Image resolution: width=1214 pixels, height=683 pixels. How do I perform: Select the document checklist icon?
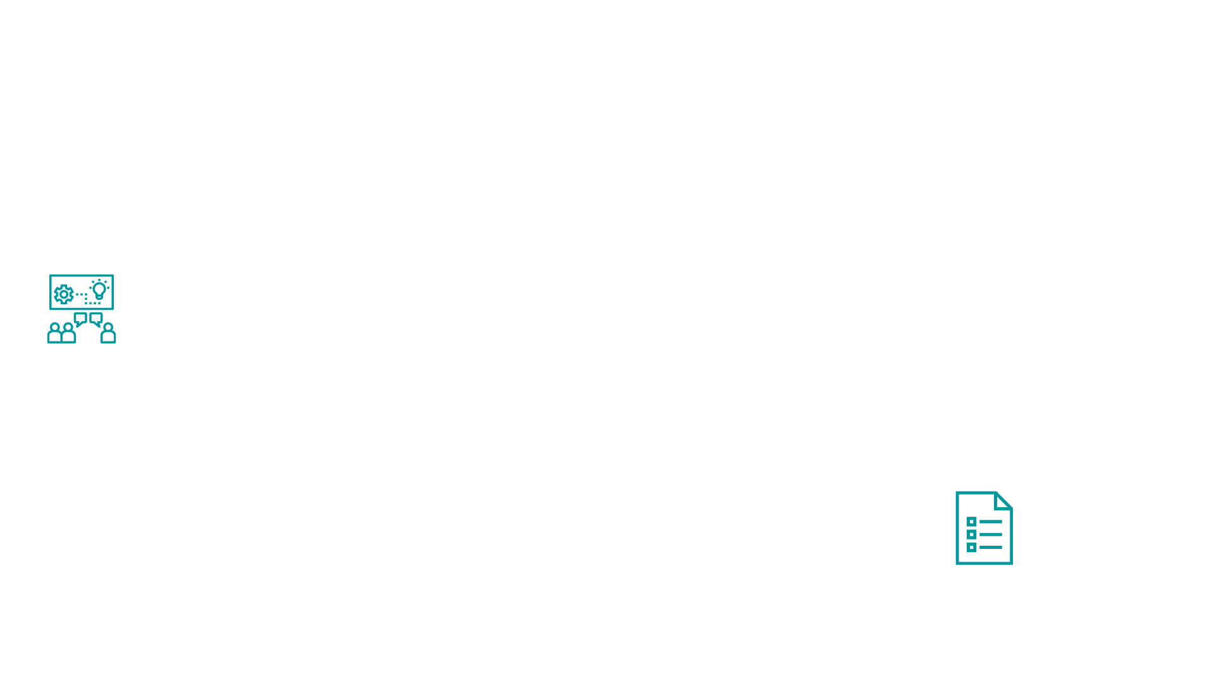(983, 528)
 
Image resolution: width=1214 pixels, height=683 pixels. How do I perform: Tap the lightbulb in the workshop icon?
(99, 290)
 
